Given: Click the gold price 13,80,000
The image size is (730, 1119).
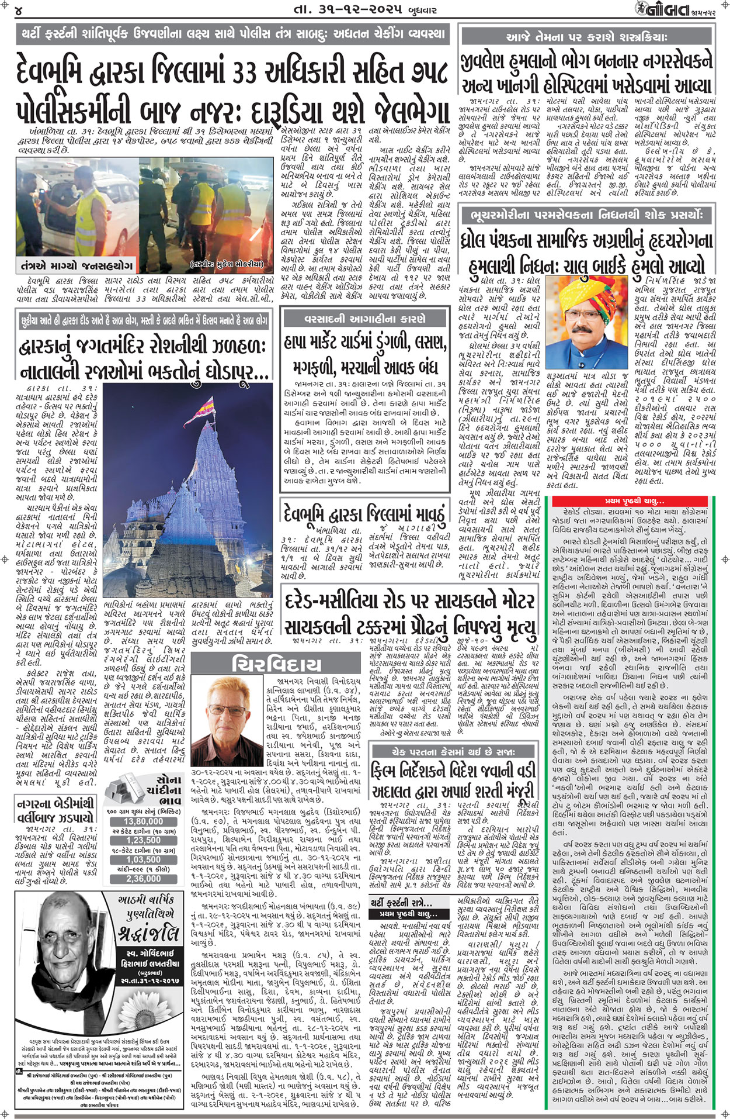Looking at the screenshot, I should [x=143, y=821].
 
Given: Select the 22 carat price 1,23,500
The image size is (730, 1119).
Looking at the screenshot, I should [x=143, y=840].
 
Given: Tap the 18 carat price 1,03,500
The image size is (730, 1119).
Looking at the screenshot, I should [x=143, y=859].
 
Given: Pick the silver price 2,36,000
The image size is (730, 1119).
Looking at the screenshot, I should [x=143, y=879].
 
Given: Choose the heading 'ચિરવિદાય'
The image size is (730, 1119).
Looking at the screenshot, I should [x=276, y=664].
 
